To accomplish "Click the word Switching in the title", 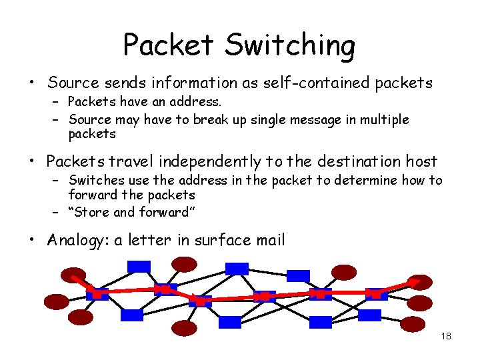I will [x=289, y=45].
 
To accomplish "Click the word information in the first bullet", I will [x=194, y=83].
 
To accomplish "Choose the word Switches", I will [x=94, y=180].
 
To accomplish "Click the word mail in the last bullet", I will [x=269, y=240].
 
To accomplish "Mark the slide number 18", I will [x=446, y=336].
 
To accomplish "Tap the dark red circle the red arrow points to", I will [x=420, y=283].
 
